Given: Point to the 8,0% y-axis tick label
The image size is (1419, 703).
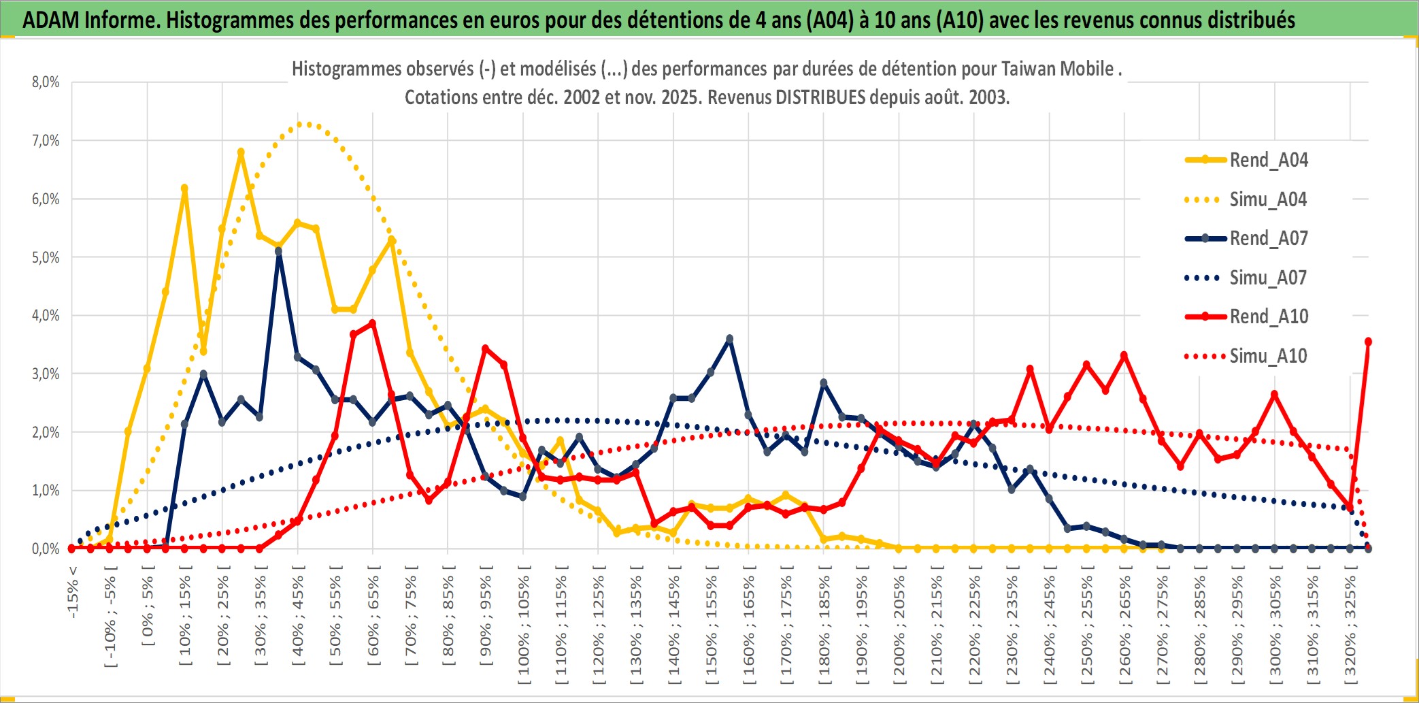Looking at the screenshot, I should point(46,82).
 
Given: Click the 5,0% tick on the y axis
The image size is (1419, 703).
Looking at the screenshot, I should point(46,258).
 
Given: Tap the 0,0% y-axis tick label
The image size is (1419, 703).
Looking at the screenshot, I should point(46,549).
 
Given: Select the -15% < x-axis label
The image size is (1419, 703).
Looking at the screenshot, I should point(73,592).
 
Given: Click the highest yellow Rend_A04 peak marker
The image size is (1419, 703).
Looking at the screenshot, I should point(241,152).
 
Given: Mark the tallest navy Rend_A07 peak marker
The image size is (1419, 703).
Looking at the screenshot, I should point(278,252).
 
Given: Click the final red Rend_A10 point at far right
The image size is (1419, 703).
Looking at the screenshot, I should point(1368,342).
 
